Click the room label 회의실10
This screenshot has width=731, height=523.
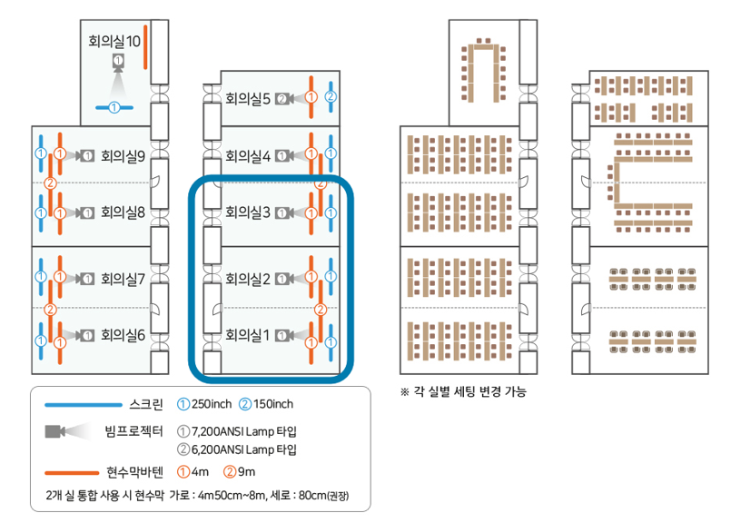(x=114, y=41)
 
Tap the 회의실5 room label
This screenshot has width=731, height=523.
(x=248, y=98)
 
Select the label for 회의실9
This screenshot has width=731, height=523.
(x=123, y=155)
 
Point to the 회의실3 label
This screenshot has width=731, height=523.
(x=248, y=212)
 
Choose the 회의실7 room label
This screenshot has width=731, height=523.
(x=123, y=279)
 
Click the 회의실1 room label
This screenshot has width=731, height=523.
(x=248, y=336)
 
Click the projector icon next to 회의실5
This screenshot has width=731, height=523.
(x=285, y=98)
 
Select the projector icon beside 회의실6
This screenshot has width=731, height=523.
(x=85, y=336)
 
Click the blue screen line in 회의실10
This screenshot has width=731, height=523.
(x=115, y=108)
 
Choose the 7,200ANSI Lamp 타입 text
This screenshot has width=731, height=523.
(x=244, y=430)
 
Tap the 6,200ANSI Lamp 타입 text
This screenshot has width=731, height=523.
(x=244, y=449)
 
